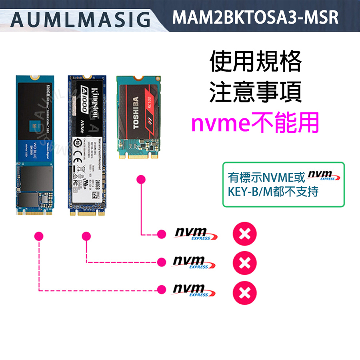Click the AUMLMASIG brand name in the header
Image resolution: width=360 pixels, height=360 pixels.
coord(80,19)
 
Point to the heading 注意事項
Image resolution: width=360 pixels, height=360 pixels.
coord(256,92)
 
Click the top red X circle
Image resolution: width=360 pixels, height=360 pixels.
coord(245,234)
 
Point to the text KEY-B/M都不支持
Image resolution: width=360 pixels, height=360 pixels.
coord(273,192)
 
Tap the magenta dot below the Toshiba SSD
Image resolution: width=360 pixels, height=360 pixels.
coord(140,180)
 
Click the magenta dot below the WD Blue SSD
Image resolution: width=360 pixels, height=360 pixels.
coord(39,236)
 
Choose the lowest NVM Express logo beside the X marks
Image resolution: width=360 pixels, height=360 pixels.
coord(193,291)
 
